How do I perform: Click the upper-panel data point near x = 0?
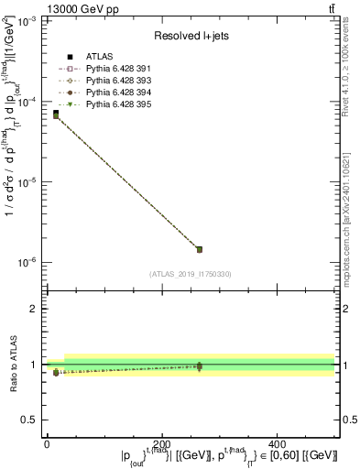56,115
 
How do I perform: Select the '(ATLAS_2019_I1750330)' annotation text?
191,274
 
